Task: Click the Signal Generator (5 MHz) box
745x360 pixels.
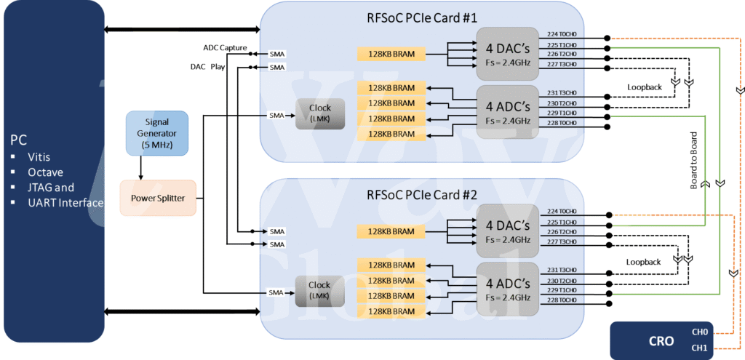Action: (x=156, y=133)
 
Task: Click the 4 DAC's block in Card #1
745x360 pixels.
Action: (x=507, y=50)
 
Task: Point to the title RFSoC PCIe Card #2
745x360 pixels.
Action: (x=422, y=195)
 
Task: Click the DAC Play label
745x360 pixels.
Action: (x=207, y=67)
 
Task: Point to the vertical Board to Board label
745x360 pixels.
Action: (x=694, y=166)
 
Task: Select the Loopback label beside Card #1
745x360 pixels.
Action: (x=645, y=86)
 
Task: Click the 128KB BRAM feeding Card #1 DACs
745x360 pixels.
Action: (x=391, y=54)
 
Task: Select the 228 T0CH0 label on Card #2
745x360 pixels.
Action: (x=562, y=300)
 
